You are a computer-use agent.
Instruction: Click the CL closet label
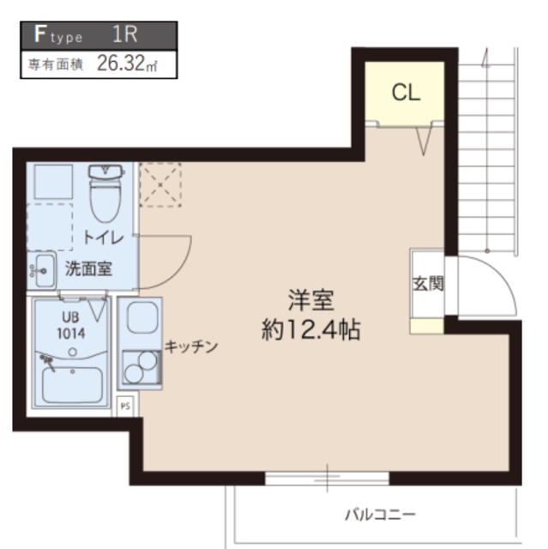pos(406,93)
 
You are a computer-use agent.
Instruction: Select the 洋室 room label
pos(310,301)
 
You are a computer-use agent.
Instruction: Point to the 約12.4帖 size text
pos(310,329)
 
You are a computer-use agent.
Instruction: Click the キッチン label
pos(191,347)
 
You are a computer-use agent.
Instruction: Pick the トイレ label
pos(104,238)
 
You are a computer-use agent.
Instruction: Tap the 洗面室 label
pos(88,268)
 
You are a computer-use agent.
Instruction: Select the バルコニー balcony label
pos(380,515)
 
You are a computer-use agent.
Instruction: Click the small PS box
pos(125,405)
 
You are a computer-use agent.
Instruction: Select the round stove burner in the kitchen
pos(135,370)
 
